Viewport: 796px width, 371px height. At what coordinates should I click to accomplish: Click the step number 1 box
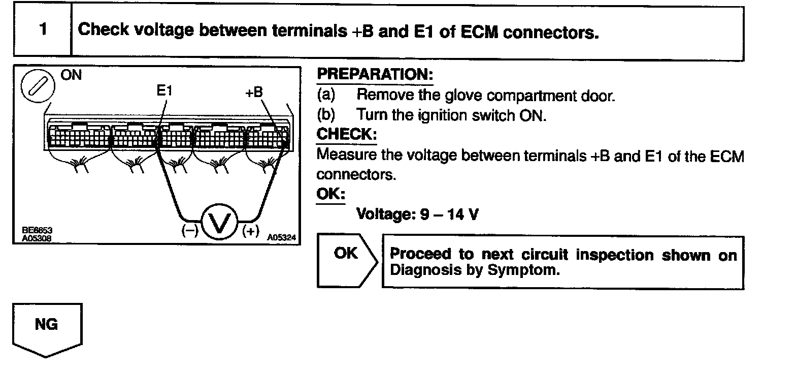tap(43, 30)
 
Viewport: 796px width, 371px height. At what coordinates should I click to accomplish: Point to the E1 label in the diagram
tap(165, 91)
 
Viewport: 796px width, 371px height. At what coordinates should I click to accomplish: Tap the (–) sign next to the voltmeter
tap(190, 230)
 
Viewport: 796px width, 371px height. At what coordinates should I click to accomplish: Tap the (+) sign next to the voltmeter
tap(251, 231)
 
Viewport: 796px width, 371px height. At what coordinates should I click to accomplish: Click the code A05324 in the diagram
tap(281, 237)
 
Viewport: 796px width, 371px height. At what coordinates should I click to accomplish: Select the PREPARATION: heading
tap(375, 75)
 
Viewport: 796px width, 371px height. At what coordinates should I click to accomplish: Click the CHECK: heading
tap(346, 135)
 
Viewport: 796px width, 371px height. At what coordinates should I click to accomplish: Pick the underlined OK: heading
tap(330, 194)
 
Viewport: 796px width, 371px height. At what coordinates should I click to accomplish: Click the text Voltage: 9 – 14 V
tap(417, 214)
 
